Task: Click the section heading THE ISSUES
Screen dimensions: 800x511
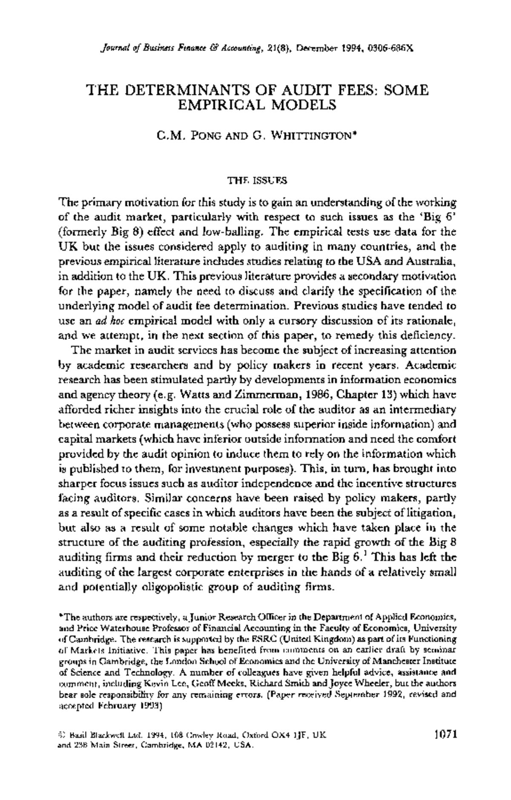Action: tap(257, 180)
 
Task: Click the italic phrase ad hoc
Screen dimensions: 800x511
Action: tap(113, 321)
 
